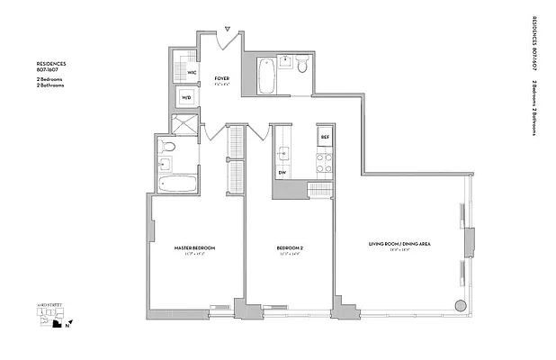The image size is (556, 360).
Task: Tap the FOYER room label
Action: [221, 79]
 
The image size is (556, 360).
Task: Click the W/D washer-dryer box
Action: [187, 97]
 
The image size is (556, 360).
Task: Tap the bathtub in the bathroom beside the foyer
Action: [266, 76]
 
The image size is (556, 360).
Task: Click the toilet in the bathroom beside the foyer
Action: [302, 66]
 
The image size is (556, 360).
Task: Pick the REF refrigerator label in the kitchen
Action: [325, 137]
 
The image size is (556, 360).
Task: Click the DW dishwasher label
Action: [282, 172]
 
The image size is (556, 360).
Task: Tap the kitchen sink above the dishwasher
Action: [282, 151]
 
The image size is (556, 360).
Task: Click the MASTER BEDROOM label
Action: [194, 247]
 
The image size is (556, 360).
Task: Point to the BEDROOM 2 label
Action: [289, 247]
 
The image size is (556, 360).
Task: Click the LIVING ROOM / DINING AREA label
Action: [395, 244]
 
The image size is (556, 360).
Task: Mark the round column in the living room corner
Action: [461, 304]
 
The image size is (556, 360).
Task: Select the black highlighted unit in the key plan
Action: [58, 329]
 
